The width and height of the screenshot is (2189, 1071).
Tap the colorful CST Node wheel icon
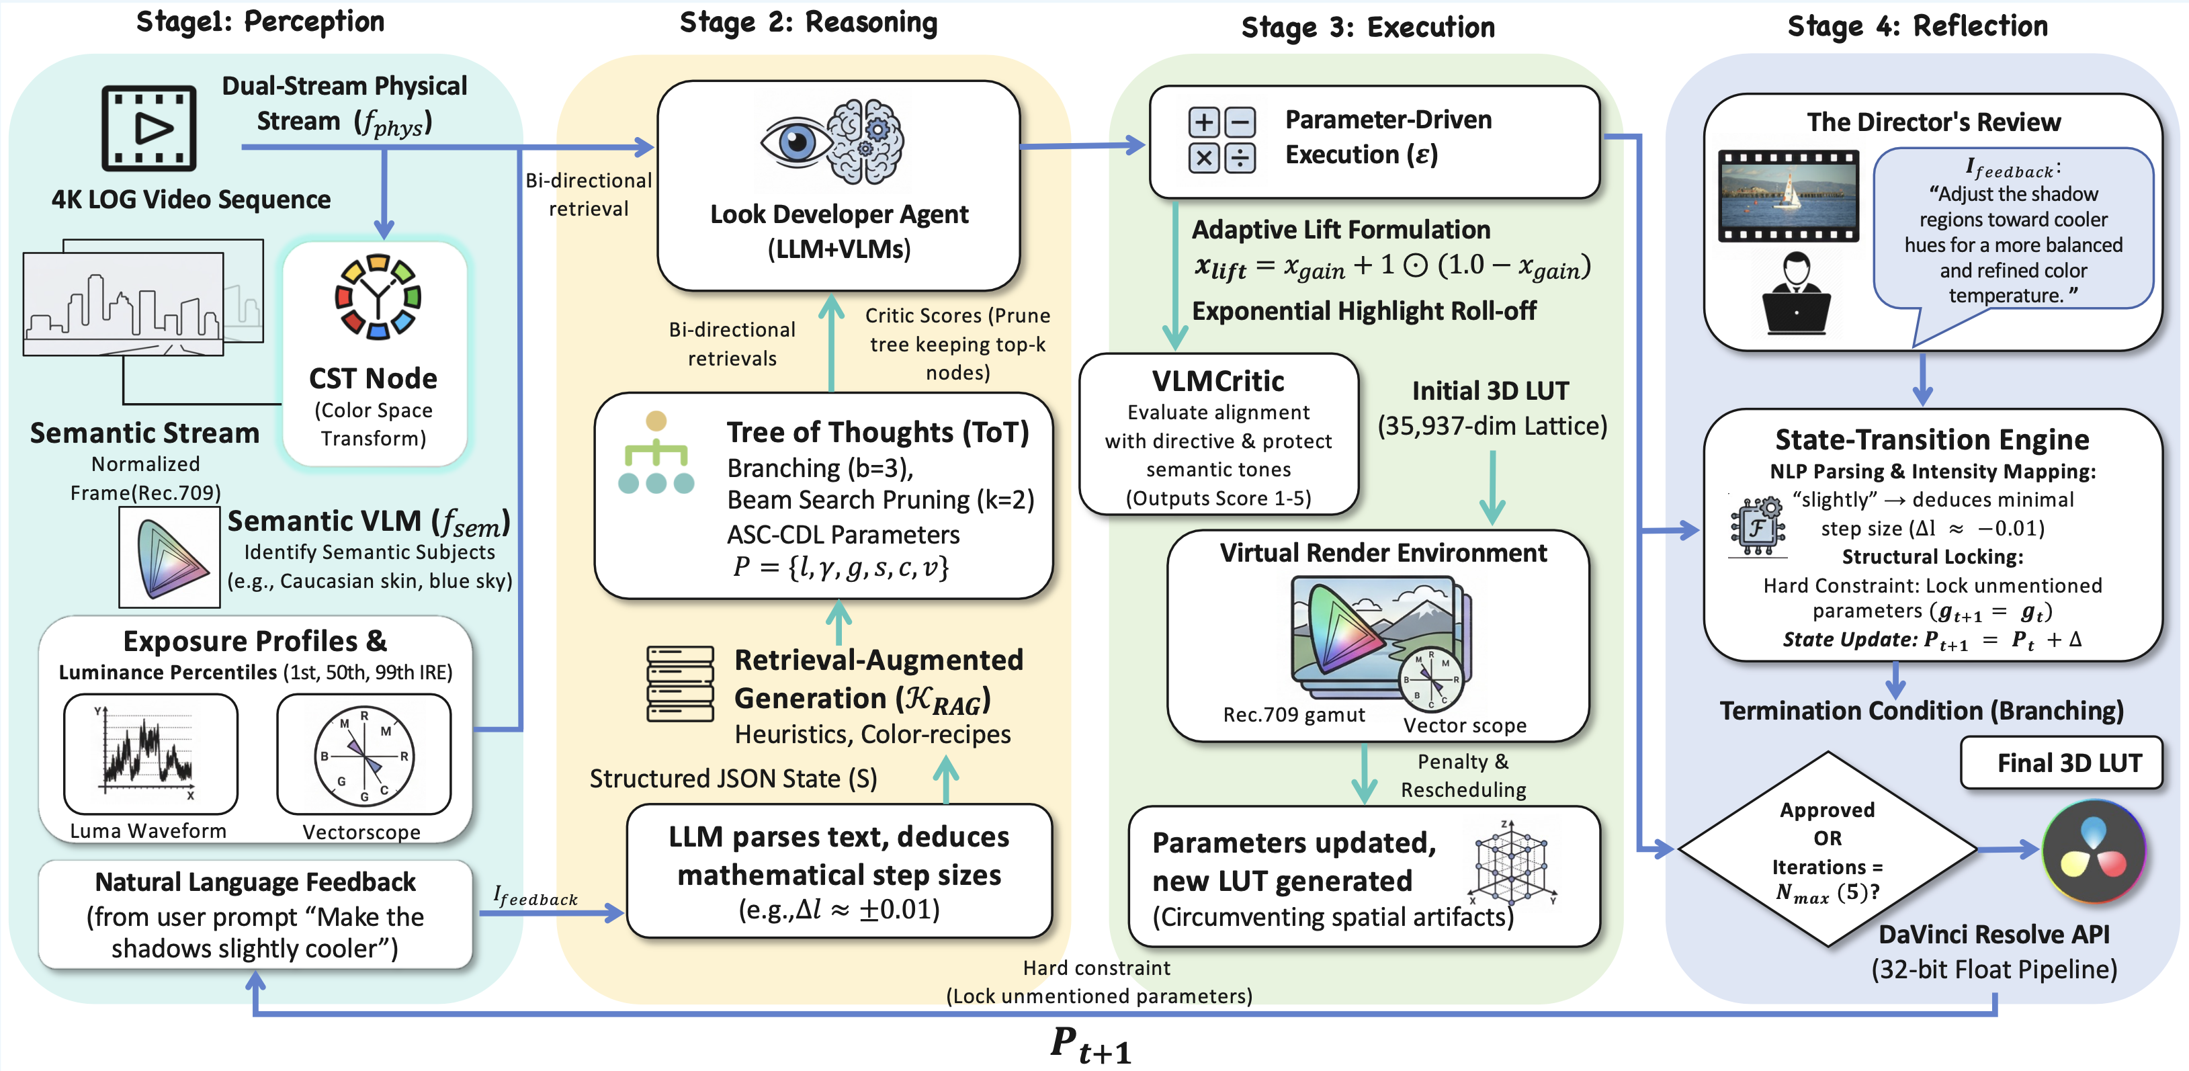coord(378,297)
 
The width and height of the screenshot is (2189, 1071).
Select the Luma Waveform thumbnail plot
coord(151,753)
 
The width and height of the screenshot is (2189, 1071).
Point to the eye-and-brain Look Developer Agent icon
coord(832,142)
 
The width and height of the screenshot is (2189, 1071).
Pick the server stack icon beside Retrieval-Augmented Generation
coord(680,683)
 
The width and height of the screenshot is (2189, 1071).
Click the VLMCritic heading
coord(1217,381)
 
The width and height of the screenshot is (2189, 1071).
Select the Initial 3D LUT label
coord(1490,391)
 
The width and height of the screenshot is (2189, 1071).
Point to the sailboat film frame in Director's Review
coord(1788,196)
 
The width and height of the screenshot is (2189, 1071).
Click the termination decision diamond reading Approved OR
coord(1828,849)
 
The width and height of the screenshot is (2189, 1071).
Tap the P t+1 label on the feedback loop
coord(1091,1044)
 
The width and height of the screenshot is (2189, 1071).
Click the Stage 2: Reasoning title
coord(808,22)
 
